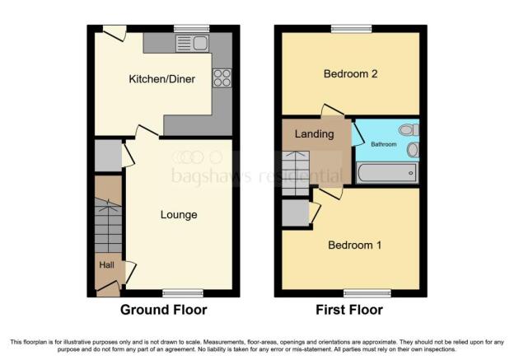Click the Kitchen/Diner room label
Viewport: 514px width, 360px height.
pyautogui.click(x=162, y=79)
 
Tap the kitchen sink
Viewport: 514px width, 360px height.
pyautogui.click(x=192, y=44)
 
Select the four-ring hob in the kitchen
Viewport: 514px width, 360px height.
pyautogui.click(x=222, y=78)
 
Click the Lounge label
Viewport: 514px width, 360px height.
pyautogui.click(x=179, y=215)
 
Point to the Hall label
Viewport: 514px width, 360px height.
pyautogui.click(x=107, y=265)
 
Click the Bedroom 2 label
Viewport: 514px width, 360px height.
pyautogui.click(x=350, y=74)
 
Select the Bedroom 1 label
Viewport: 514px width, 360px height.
pyautogui.click(x=355, y=245)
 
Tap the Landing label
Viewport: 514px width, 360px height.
pyautogui.click(x=315, y=134)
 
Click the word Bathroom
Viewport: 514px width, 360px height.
pyautogui.click(x=384, y=144)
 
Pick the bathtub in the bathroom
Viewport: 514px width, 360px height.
pyautogui.click(x=387, y=173)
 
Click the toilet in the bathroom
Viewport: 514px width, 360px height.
pyautogui.click(x=409, y=130)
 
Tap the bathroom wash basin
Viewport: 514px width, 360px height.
pyautogui.click(x=413, y=150)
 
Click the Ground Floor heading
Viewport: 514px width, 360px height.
pyautogui.click(x=164, y=310)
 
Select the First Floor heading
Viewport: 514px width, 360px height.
pyautogui.click(x=349, y=310)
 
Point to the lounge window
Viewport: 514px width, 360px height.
pyautogui.click(x=183, y=293)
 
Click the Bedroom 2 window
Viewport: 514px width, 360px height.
pyautogui.click(x=352, y=29)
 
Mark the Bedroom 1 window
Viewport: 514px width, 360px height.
pyautogui.click(x=367, y=293)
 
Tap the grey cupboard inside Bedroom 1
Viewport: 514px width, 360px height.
pyautogui.click(x=296, y=213)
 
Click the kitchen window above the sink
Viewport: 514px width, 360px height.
pyautogui.click(x=191, y=29)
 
